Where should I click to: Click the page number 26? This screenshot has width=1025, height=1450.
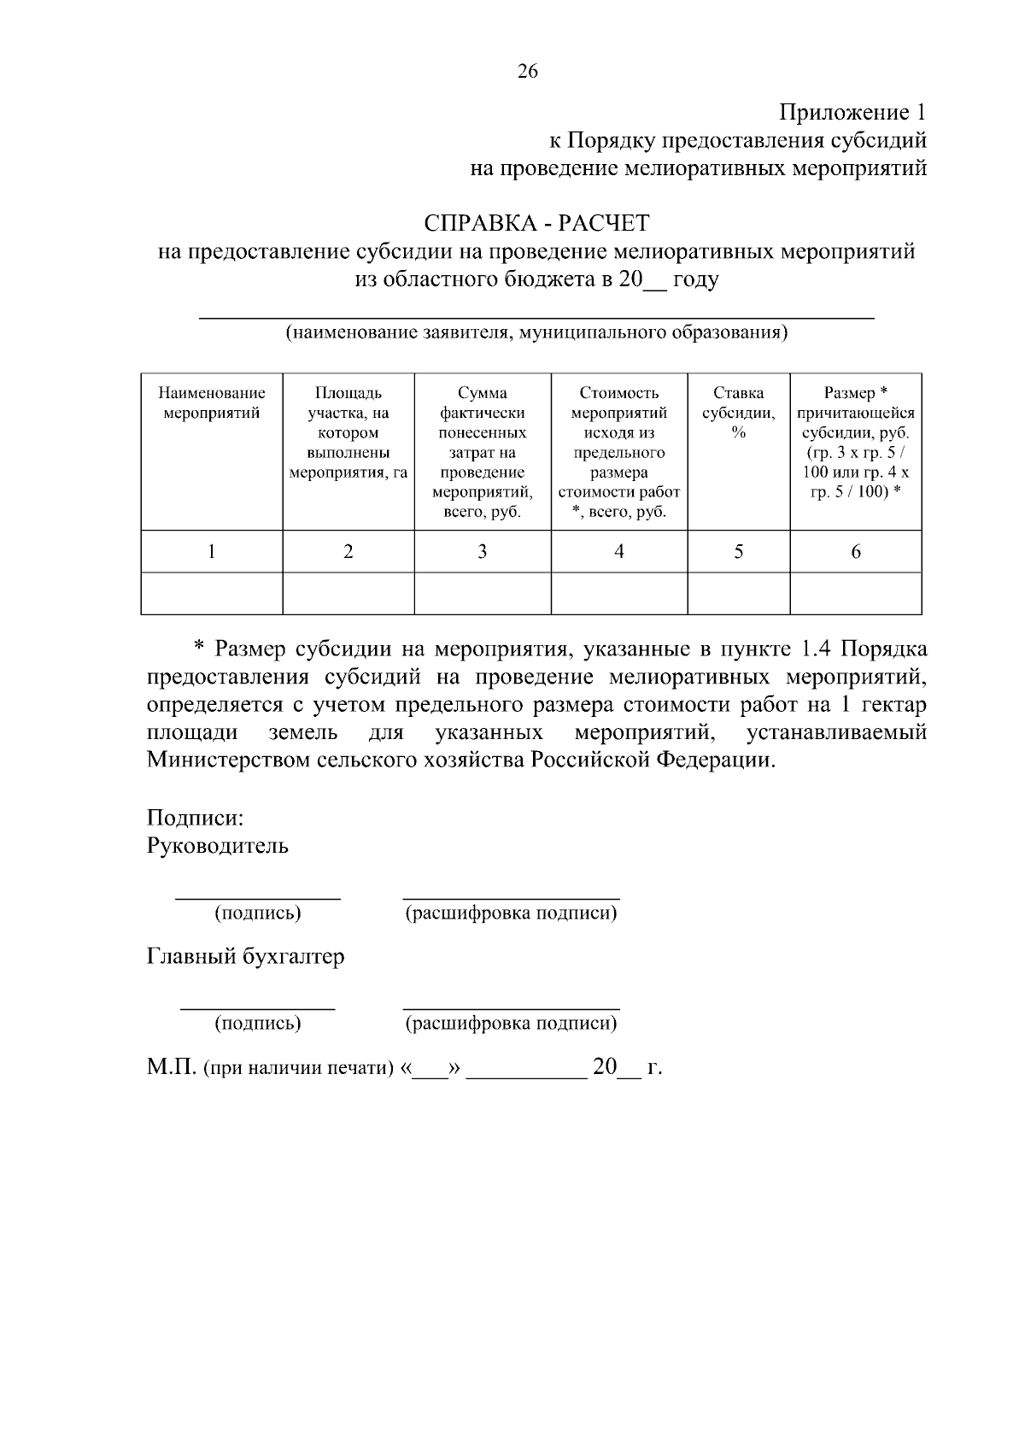point(527,72)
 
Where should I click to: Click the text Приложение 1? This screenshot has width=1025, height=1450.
point(852,113)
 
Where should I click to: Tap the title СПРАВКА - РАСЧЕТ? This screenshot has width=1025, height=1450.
point(536,224)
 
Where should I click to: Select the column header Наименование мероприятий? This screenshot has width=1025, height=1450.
point(211,403)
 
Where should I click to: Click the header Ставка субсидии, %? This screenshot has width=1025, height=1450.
point(738,413)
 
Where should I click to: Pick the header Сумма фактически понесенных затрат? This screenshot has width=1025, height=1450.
point(482,452)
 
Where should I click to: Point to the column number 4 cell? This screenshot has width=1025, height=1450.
point(618,552)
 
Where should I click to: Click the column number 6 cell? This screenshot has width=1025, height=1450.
point(855,552)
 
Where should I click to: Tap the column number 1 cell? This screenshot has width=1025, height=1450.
point(211,552)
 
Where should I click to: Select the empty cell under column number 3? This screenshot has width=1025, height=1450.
point(482,594)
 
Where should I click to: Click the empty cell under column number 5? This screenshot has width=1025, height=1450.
point(738,594)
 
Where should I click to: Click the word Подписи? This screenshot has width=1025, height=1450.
point(196,818)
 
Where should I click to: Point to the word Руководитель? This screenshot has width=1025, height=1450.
point(218,846)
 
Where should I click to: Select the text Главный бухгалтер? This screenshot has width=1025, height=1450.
point(246,956)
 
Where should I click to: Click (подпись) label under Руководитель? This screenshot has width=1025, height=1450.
point(258,913)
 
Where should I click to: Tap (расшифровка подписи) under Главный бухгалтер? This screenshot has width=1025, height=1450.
point(511,1024)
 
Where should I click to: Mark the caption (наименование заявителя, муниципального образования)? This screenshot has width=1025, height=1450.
point(536,332)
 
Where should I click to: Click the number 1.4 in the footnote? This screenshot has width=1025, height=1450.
point(817,649)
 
